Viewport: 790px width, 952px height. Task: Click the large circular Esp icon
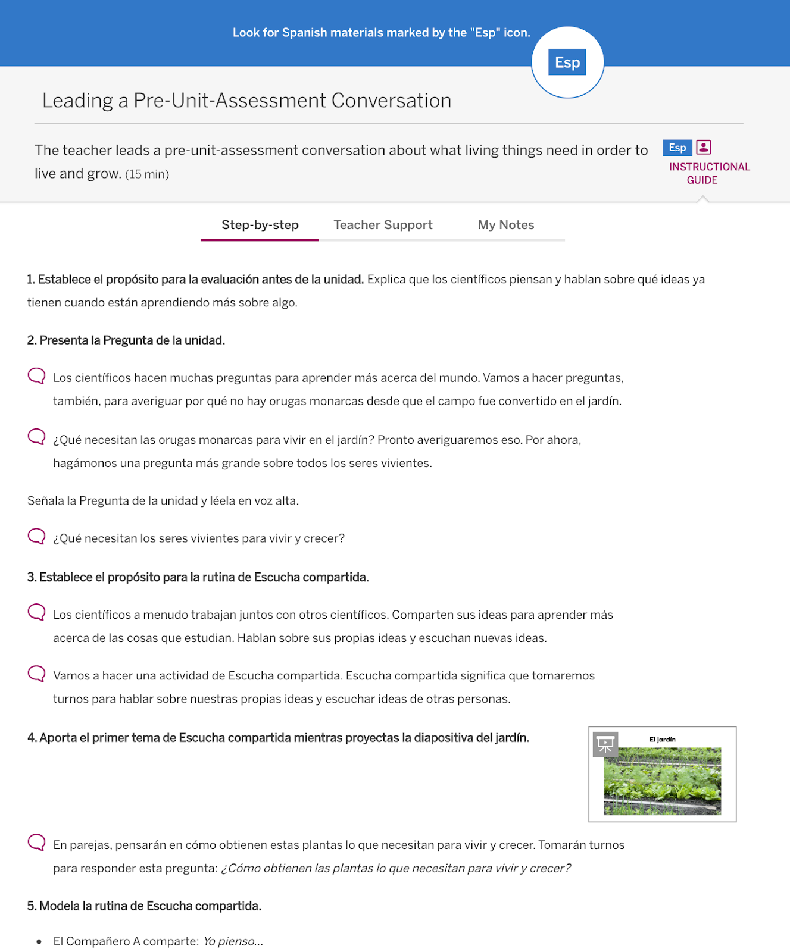point(567,62)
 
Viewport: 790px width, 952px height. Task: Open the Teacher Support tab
point(383,225)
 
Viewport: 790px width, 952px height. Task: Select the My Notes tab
point(506,225)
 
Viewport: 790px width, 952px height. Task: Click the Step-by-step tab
point(260,225)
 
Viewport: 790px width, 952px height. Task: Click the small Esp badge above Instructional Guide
point(677,148)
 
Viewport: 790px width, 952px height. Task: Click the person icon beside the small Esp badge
point(704,147)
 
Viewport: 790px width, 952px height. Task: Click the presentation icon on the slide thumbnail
point(605,744)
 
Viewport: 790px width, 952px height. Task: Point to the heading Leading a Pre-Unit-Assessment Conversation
point(246,101)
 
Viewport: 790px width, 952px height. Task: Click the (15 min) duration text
point(147,174)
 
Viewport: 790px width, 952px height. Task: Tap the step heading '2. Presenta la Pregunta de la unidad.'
point(126,340)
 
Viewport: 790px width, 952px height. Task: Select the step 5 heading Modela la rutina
point(145,906)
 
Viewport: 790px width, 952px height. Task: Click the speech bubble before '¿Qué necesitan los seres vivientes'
point(36,536)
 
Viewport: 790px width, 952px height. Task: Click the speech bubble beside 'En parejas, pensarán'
point(36,842)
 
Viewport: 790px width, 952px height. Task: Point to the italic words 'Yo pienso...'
point(233,941)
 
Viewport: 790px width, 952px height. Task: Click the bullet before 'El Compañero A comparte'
point(39,942)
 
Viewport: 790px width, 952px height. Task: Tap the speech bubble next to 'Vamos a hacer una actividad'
point(36,673)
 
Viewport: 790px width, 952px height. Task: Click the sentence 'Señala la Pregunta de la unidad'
point(163,501)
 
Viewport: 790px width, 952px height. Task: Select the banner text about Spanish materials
point(381,33)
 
